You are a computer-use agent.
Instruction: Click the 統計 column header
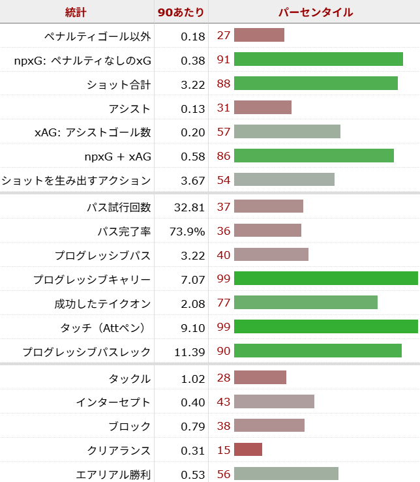point(76,12)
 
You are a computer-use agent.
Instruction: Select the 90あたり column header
point(181,12)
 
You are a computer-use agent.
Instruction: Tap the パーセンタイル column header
point(315,12)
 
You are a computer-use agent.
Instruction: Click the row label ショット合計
point(119,84)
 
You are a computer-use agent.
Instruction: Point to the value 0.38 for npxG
point(193,60)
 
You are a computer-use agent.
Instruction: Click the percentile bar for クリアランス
point(248,450)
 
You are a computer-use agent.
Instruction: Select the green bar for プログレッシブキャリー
point(325,279)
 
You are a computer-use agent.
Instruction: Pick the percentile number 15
point(224,450)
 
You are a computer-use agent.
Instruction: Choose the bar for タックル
point(260,378)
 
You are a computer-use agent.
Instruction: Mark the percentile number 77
point(224,303)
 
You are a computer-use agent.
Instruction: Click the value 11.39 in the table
point(190,352)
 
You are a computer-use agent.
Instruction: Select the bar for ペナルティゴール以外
point(259,35)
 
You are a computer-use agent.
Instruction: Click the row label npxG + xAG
point(118,157)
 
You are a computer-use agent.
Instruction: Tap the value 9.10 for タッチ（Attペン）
point(193,327)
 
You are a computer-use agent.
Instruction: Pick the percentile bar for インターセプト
point(274,402)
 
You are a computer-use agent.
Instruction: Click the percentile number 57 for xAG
point(224,132)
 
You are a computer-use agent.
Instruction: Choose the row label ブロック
point(130,426)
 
